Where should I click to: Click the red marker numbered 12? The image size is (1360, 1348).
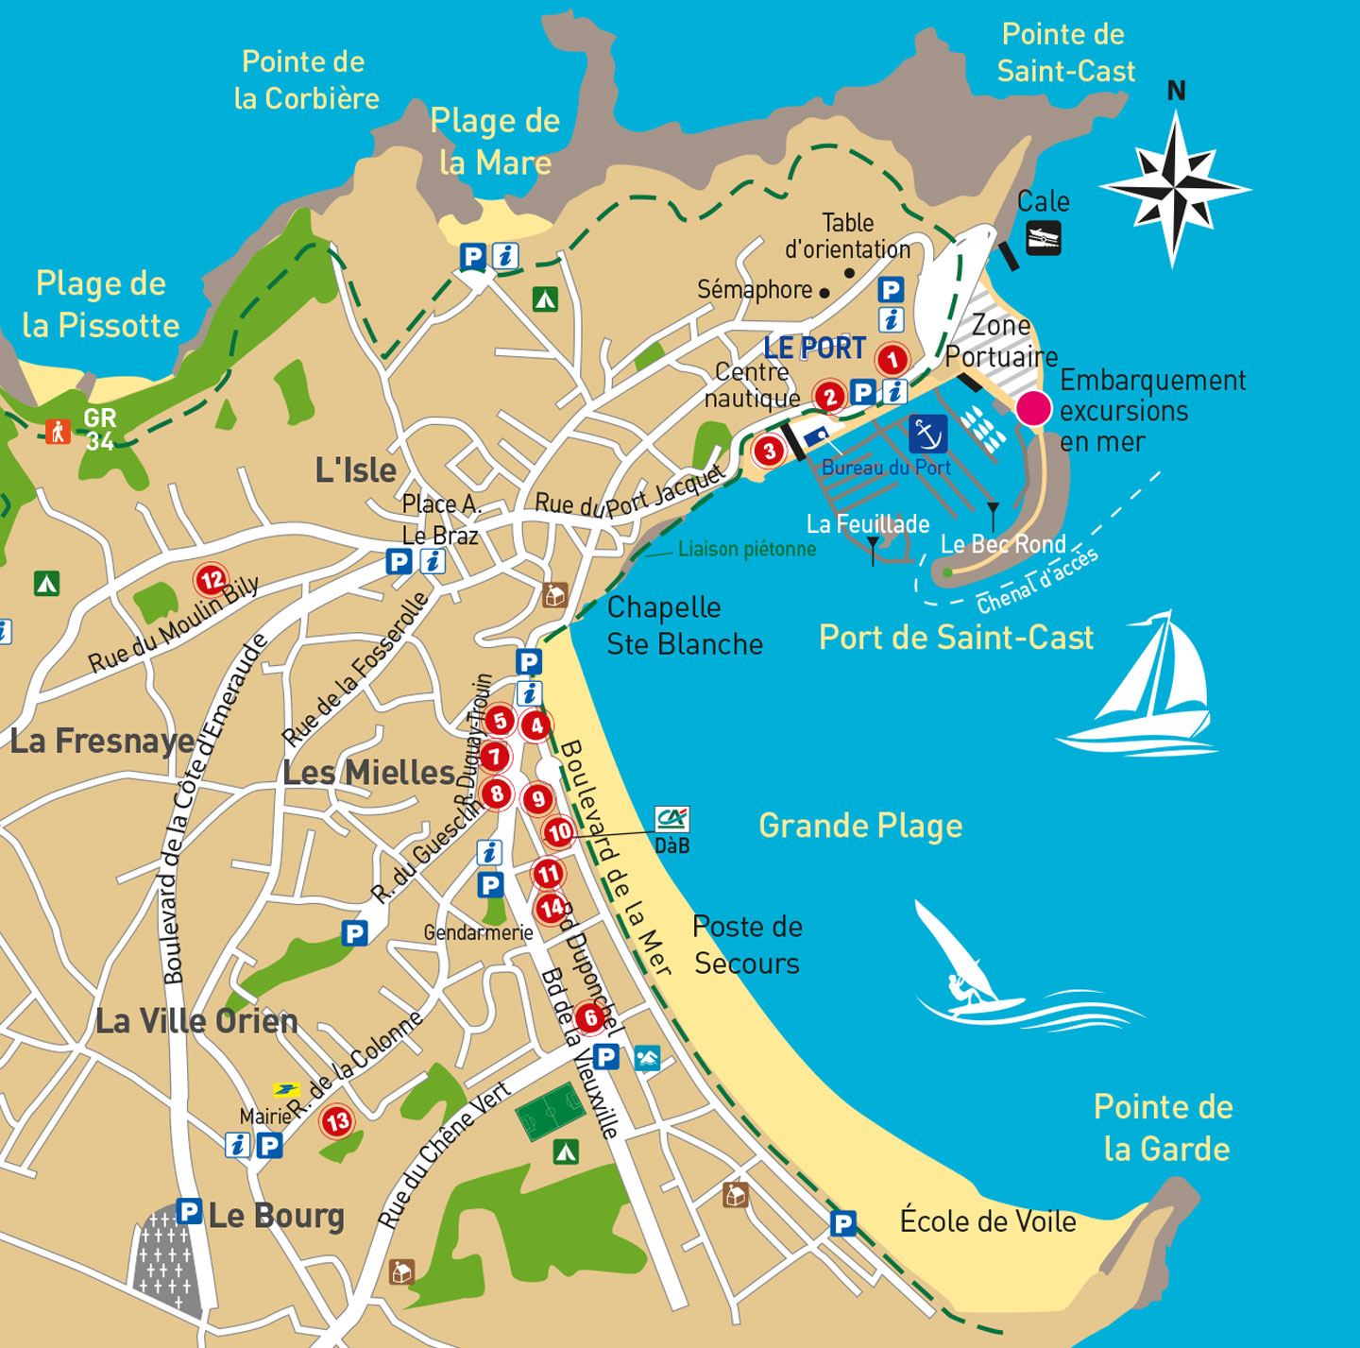[212, 579]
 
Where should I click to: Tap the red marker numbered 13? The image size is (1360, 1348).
[337, 1121]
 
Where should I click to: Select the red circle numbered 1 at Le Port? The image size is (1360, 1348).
[892, 359]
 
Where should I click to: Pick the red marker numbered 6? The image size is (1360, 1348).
[590, 1017]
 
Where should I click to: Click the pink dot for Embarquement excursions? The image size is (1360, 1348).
[1033, 409]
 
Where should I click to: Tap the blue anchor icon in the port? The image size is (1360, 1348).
[927, 434]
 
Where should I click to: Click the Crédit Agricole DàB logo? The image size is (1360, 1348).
[672, 818]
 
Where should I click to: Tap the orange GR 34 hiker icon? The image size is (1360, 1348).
[59, 432]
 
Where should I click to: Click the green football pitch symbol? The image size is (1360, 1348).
[551, 1111]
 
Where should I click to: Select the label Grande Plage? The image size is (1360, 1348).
[860, 826]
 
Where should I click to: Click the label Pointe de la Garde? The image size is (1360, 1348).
[1164, 1128]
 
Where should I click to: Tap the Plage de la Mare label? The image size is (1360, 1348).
[495, 142]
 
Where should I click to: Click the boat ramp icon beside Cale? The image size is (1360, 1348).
[1043, 237]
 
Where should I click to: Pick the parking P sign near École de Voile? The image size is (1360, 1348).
[842, 1224]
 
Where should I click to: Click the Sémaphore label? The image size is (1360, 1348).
[755, 290]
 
